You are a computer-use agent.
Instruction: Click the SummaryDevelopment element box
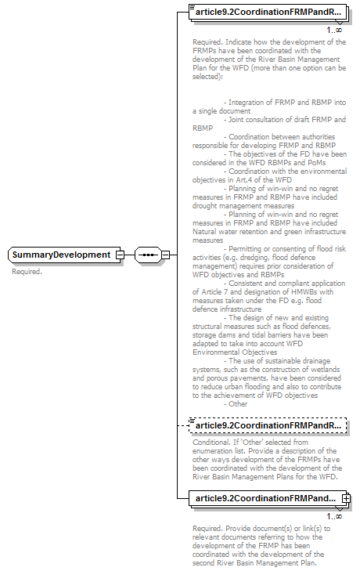61,255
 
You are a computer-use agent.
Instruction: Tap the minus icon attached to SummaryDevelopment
119,255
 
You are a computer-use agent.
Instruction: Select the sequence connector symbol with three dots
147,255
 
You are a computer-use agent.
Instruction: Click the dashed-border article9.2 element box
268,425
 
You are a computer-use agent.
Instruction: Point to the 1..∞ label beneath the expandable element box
334,515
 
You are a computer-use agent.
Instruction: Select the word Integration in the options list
247,103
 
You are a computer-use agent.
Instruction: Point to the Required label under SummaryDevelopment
27,272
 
